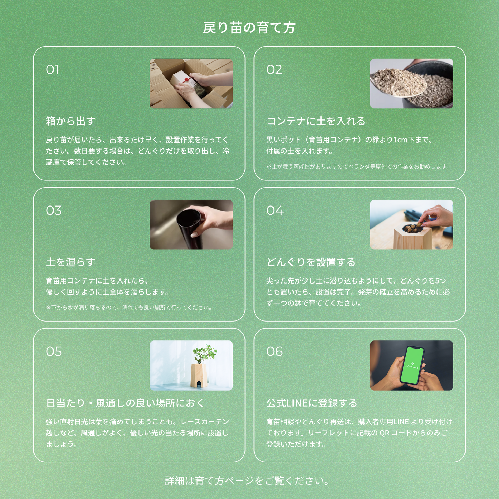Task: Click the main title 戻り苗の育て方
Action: (x=249, y=28)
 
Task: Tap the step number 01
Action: (x=52, y=70)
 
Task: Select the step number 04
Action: (x=275, y=211)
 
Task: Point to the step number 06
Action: (x=275, y=352)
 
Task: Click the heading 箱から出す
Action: (x=70, y=121)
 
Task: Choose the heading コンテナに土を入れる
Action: (x=316, y=121)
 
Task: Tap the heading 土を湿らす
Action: (x=70, y=262)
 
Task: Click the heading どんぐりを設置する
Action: (x=311, y=262)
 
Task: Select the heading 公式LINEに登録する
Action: (x=311, y=403)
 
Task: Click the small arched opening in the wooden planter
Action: (x=199, y=384)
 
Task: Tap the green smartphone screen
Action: (x=412, y=365)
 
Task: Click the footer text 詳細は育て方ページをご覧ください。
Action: (x=247, y=481)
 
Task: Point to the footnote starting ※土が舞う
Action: (x=358, y=167)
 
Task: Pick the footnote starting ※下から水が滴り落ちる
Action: (x=129, y=308)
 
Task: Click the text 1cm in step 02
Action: (x=400, y=140)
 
